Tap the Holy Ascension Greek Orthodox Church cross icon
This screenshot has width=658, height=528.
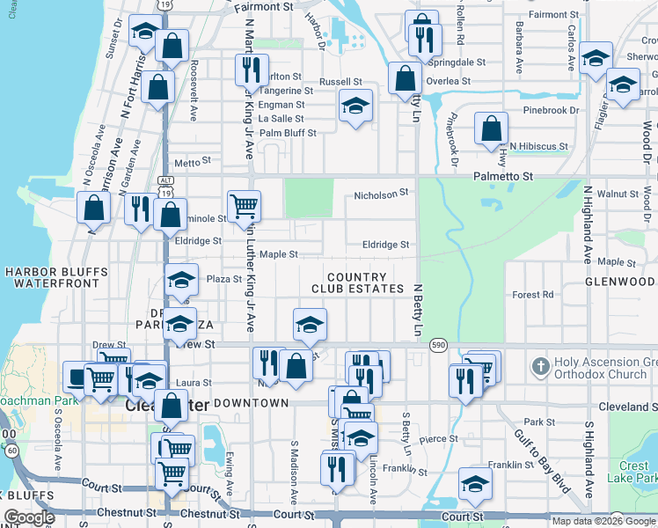(x=539, y=363)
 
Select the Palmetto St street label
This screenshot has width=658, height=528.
(x=505, y=176)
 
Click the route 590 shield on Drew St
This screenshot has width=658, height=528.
(x=437, y=345)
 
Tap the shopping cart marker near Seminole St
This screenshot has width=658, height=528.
(x=244, y=206)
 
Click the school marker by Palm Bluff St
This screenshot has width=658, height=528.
(x=355, y=106)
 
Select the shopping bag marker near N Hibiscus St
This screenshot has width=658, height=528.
(x=491, y=128)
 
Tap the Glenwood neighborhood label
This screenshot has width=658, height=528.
(x=619, y=282)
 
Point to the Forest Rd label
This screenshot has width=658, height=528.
(x=534, y=295)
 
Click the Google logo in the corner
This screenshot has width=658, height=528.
(x=29, y=517)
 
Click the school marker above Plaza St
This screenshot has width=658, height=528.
(x=181, y=281)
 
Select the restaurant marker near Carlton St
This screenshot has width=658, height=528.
(x=252, y=70)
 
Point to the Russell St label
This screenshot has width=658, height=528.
(x=340, y=82)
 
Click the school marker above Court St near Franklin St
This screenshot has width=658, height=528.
(x=475, y=483)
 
